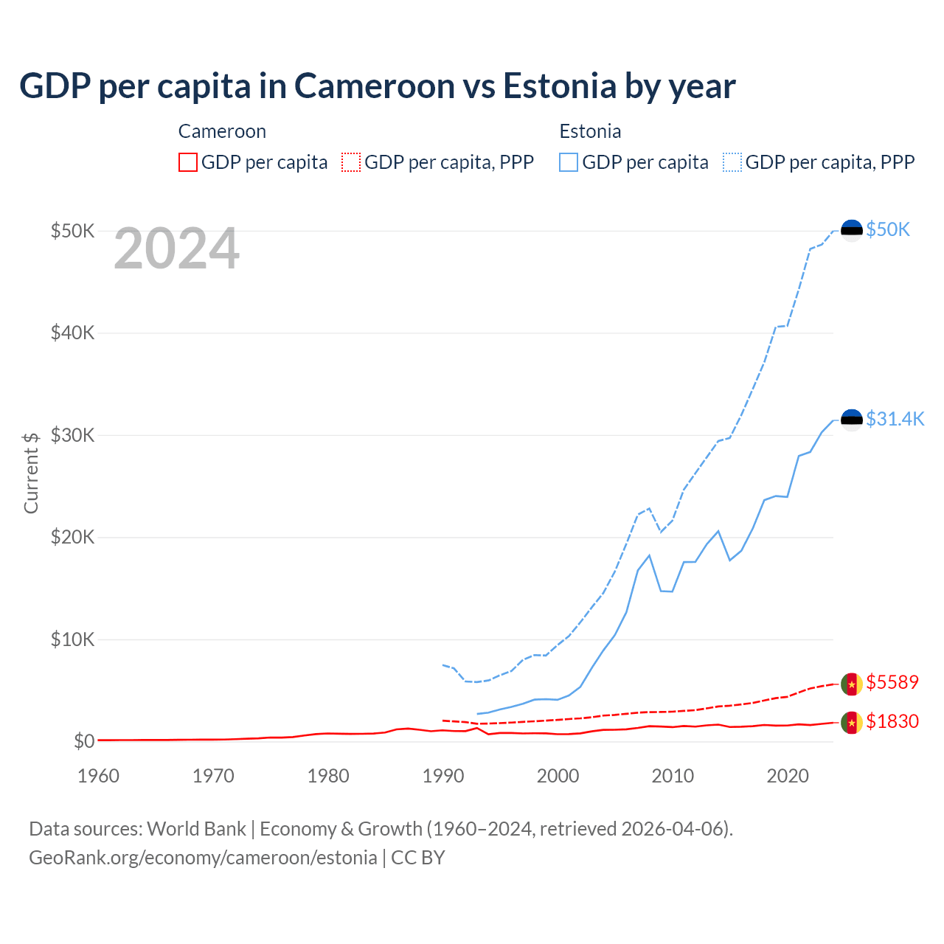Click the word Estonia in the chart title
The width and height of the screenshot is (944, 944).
pyautogui.click(x=560, y=86)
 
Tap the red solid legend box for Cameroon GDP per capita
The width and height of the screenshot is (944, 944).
pyautogui.click(x=188, y=162)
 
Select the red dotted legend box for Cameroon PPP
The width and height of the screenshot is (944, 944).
pyautogui.click(x=351, y=162)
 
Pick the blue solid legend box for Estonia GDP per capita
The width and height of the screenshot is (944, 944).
pyautogui.click(x=569, y=162)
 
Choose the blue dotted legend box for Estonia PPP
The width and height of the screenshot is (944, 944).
pyautogui.click(x=732, y=162)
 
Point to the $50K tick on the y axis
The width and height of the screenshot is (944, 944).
pyautogui.click(x=72, y=231)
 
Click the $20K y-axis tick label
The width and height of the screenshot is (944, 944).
pyautogui.click(x=72, y=537)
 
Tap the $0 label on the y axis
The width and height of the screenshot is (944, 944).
pyautogui.click(x=84, y=741)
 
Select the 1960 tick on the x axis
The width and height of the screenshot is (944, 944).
pyautogui.click(x=98, y=776)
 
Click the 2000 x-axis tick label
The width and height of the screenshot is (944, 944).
pyautogui.click(x=558, y=776)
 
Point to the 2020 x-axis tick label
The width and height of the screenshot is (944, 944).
pyautogui.click(x=788, y=776)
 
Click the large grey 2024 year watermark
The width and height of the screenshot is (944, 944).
pyautogui.click(x=176, y=249)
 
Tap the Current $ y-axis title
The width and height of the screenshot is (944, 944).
pyautogui.click(x=31, y=473)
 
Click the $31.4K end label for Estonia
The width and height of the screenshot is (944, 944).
pyautogui.click(x=895, y=419)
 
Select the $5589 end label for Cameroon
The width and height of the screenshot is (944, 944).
pyautogui.click(x=892, y=682)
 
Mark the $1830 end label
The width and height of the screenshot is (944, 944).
pyautogui.click(x=892, y=721)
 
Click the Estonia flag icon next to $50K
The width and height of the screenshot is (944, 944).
pyautogui.click(x=852, y=230)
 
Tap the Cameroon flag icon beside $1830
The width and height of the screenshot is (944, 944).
pyautogui.click(x=852, y=722)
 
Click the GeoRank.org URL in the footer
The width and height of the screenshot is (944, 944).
pyautogui.click(x=203, y=858)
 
